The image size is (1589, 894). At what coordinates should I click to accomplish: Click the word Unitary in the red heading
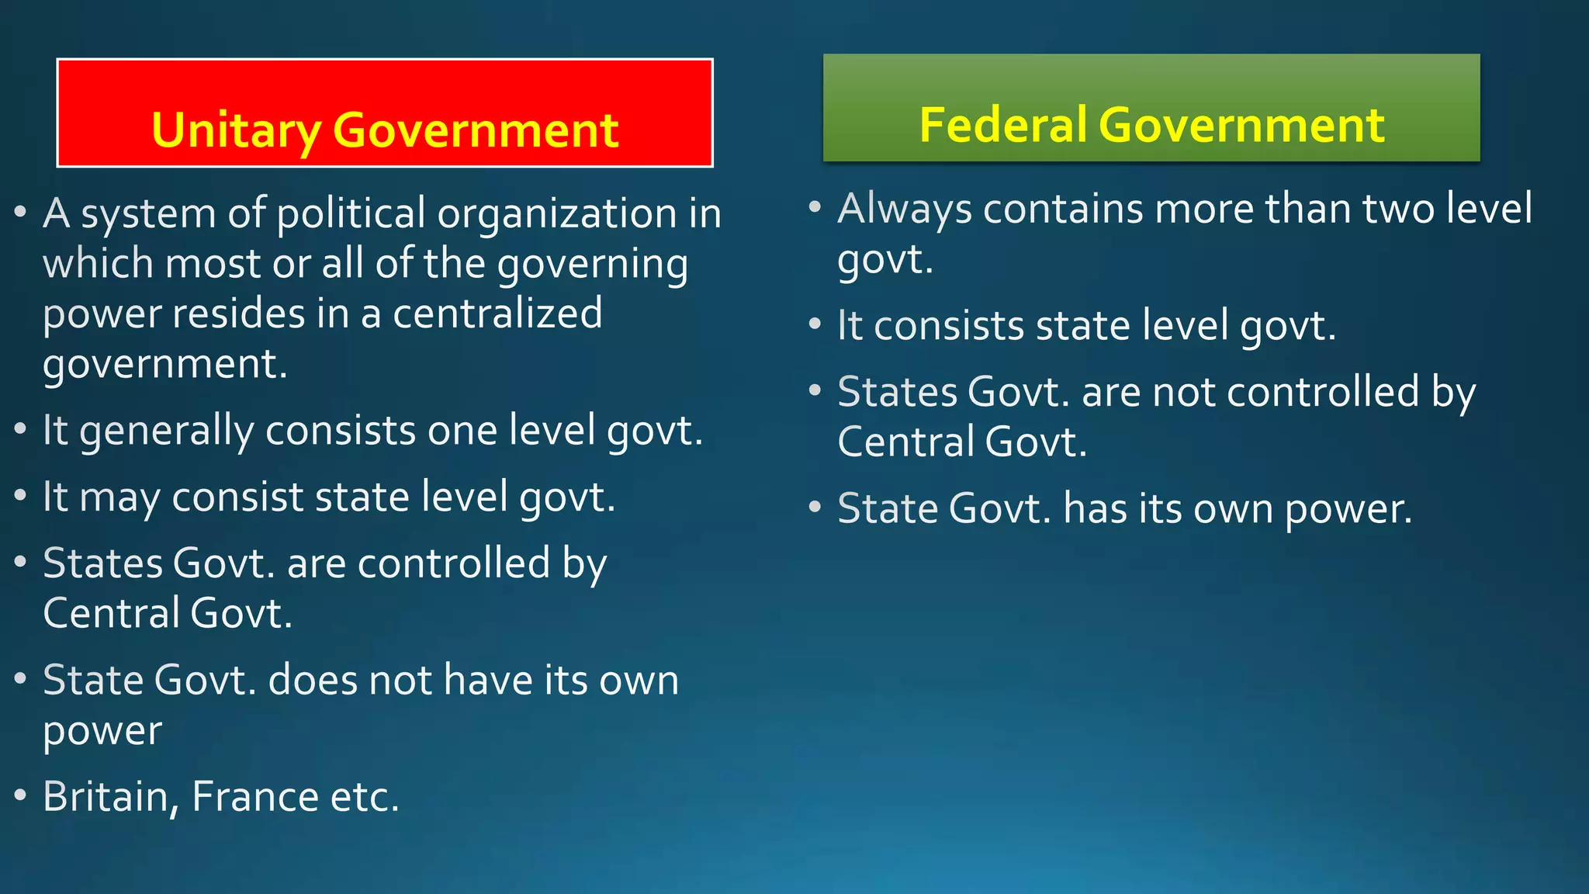236,130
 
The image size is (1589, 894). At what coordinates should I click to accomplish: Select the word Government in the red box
475,130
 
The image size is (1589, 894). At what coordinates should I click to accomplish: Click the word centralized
497,314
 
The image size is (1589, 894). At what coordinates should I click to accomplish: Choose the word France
254,796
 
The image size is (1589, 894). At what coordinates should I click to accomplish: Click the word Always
904,210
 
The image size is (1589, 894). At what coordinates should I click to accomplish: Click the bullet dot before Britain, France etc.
21,795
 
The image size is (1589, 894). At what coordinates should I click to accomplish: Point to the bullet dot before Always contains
814,207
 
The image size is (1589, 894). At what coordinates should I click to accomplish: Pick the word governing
592,265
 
